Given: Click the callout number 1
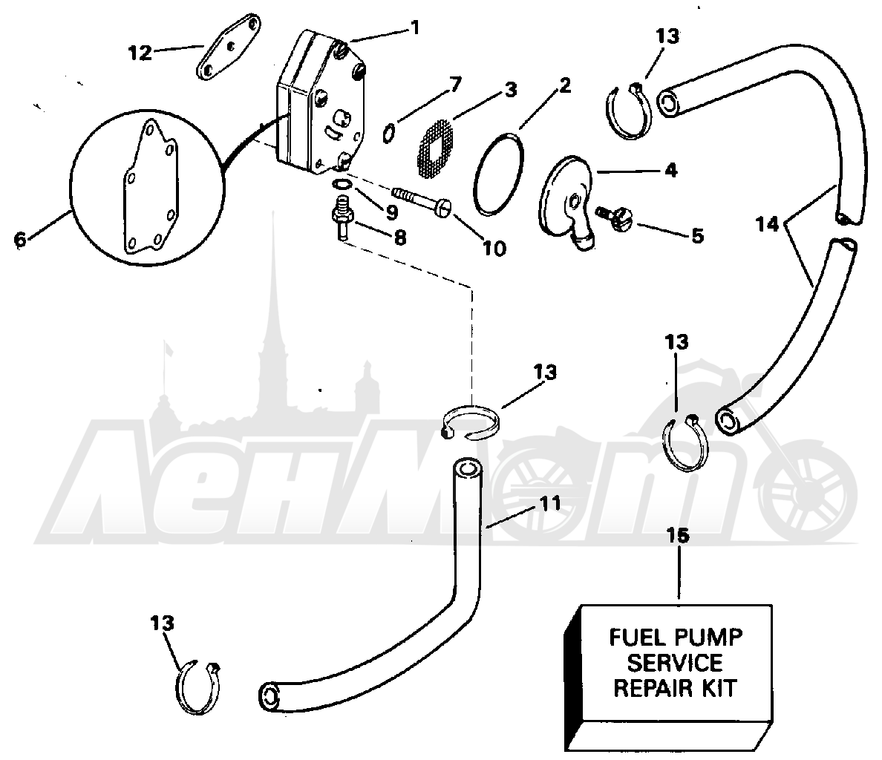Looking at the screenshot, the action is click(415, 27).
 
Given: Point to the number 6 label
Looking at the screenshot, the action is click(20, 239).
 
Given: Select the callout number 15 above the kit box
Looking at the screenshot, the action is click(678, 536).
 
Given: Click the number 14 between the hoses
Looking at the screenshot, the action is click(768, 224).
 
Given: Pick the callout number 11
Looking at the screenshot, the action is click(549, 503).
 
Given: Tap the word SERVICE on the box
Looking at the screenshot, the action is click(674, 663).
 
